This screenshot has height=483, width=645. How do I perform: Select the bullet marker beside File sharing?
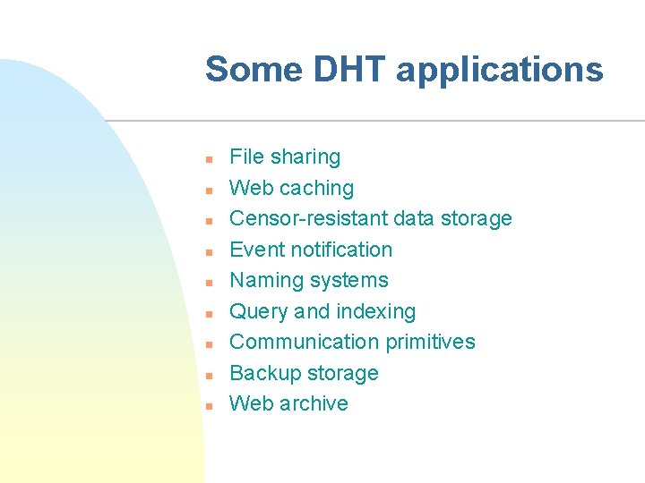[x=207, y=159]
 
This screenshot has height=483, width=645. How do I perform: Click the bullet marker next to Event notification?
[x=207, y=251]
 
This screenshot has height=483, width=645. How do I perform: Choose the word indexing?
[x=375, y=312]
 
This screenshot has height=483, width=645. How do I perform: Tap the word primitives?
[x=431, y=342]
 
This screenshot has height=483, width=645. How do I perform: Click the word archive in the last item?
[x=314, y=403]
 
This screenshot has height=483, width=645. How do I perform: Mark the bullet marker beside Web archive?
[x=207, y=405]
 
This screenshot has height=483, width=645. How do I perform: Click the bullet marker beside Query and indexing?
[x=207, y=313]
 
